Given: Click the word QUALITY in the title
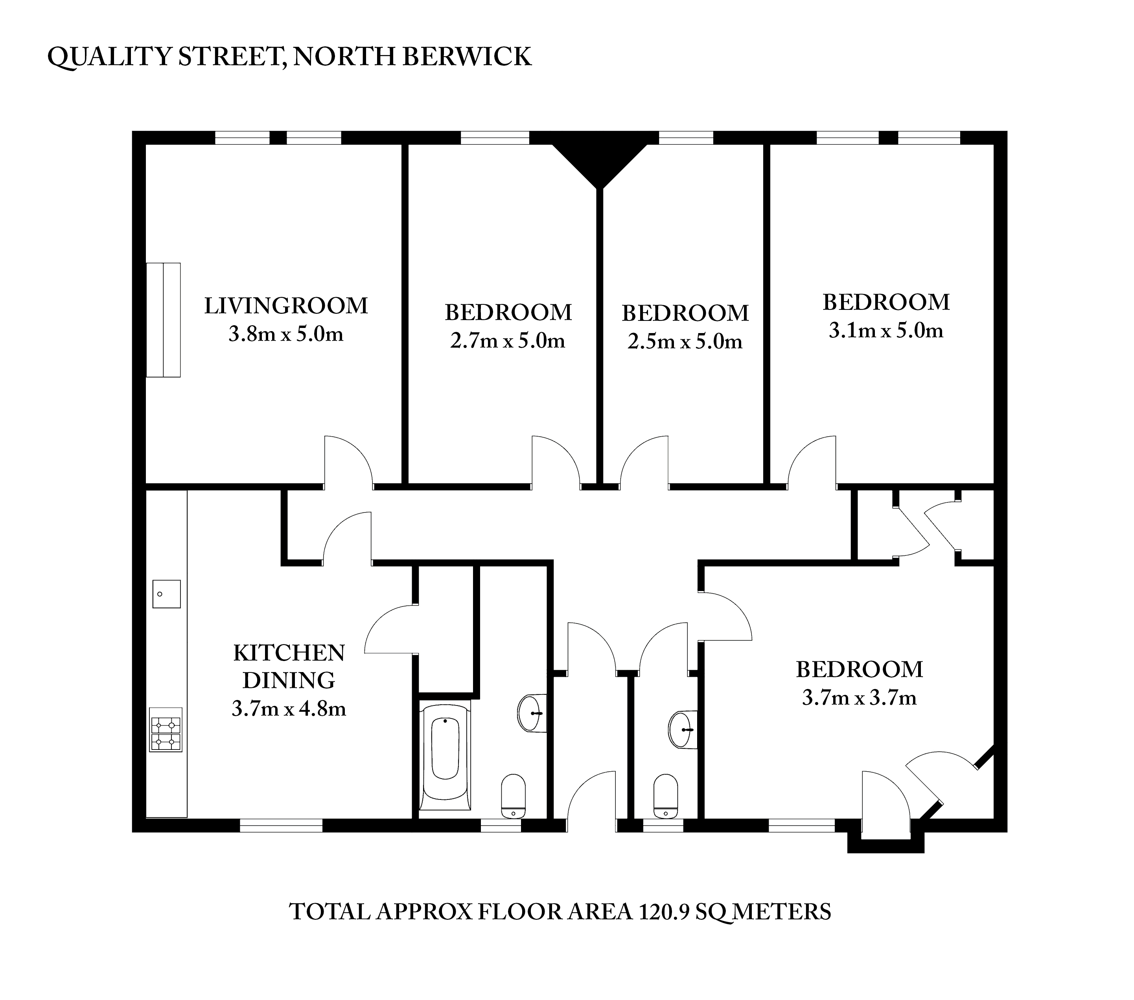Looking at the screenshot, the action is (110, 57).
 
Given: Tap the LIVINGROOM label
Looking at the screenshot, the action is (286, 306).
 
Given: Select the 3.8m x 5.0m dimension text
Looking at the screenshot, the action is (286, 334).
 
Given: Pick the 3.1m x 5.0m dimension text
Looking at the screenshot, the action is (885, 331).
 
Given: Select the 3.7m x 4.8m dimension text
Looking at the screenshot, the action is (289, 709).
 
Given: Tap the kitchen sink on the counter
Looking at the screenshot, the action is (166, 594).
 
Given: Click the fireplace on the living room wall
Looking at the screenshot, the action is (163, 320).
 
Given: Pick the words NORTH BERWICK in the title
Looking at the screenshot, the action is (412, 57).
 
